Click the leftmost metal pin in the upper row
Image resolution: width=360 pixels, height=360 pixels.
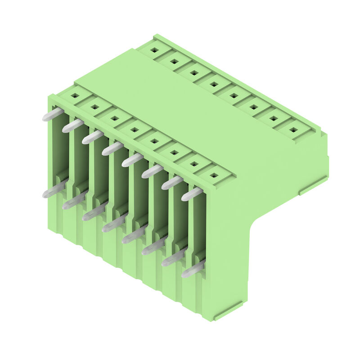(x=53, y=114)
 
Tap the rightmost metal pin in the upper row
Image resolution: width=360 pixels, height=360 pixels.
(x=192, y=194)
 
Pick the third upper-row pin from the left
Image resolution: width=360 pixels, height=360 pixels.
(x=92, y=137)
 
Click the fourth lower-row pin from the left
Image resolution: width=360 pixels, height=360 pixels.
(x=113, y=223)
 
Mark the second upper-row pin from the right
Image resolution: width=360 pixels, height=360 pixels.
(x=172, y=182)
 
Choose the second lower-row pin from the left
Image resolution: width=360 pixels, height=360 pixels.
(x=74, y=201)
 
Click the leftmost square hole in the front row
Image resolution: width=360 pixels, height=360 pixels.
(x=75, y=95)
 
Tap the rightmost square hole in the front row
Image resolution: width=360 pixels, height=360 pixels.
(x=214, y=175)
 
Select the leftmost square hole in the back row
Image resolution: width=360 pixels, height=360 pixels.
(x=154, y=50)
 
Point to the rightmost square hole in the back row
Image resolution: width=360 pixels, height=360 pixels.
(x=293, y=130)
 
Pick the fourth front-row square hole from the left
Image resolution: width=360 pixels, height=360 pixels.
(x=135, y=130)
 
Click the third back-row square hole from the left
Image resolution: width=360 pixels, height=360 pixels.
(x=194, y=72)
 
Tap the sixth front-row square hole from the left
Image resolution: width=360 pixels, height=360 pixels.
(x=174, y=153)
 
